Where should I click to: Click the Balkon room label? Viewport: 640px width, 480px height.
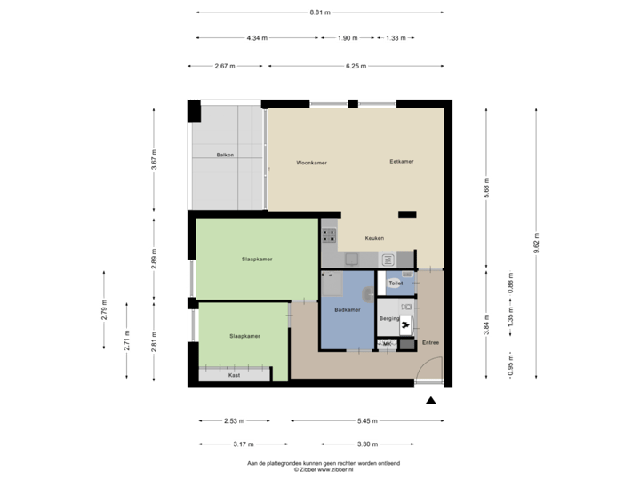click(225, 156)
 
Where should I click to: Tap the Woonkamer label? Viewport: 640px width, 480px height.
click(312, 163)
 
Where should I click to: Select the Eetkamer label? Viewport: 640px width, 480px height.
click(402, 162)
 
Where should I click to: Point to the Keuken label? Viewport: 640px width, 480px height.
click(374, 239)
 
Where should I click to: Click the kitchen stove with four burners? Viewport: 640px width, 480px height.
click(329, 236)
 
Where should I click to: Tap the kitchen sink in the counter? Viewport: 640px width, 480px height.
click(388, 260)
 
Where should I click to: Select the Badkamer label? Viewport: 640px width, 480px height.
click(348, 309)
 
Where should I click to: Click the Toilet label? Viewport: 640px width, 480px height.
click(396, 284)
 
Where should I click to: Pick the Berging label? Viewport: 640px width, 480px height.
click(388, 317)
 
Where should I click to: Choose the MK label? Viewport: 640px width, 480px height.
click(388, 343)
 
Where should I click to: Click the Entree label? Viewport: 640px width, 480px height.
click(430, 342)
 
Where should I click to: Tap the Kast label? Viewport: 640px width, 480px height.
click(235, 375)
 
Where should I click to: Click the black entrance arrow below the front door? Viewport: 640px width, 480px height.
click(431, 401)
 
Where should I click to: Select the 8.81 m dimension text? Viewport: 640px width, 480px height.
click(319, 12)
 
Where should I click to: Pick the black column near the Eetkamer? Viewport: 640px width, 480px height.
click(407, 213)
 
